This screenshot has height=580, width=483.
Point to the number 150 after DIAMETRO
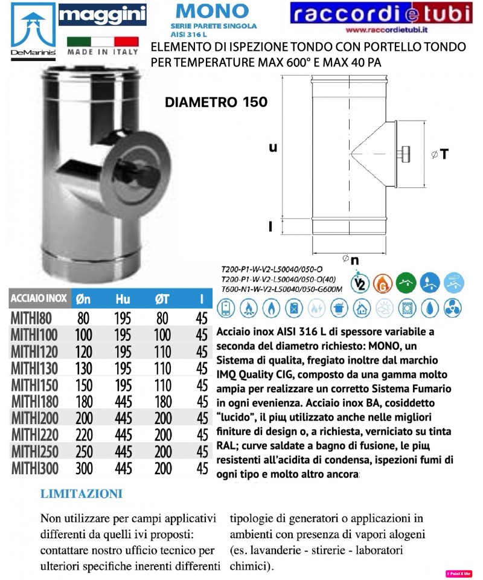[x=254, y=103]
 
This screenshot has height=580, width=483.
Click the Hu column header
[x=123, y=298]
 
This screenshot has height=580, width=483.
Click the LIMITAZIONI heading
[x=82, y=494]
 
